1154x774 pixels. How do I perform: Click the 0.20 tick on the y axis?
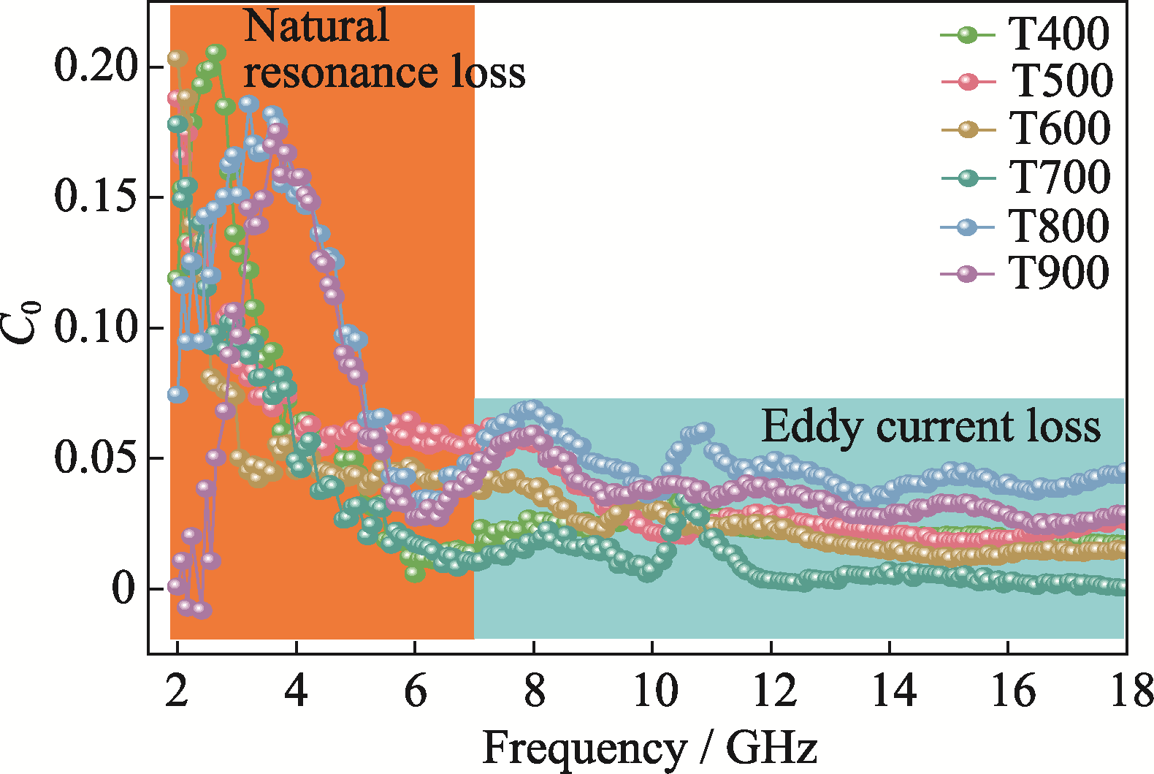point(96,67)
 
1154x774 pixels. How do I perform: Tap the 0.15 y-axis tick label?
point(96,197)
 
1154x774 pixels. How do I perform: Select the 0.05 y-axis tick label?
point(96,458)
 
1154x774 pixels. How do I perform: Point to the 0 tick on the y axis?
point(124,588)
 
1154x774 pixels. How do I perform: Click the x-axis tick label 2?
point(177,691)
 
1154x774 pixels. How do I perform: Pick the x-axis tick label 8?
point(534,691)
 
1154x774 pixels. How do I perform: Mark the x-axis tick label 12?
point(772,691)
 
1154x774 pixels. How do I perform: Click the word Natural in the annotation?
point(316,26)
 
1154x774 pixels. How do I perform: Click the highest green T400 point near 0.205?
point(215,52)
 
